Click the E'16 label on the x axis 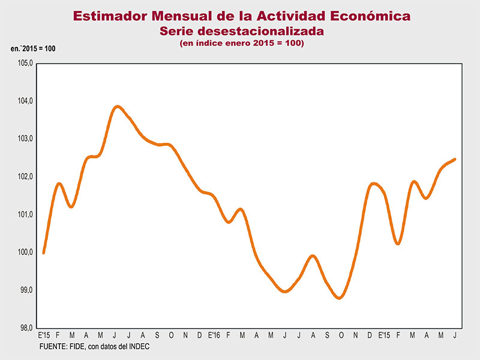[214, 335]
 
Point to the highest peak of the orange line [118, 107]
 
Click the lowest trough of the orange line [340, 298]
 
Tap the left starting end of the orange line [44, 253]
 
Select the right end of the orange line [455, 159]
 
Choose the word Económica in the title [367, 16]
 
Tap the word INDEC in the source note [137, 347]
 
